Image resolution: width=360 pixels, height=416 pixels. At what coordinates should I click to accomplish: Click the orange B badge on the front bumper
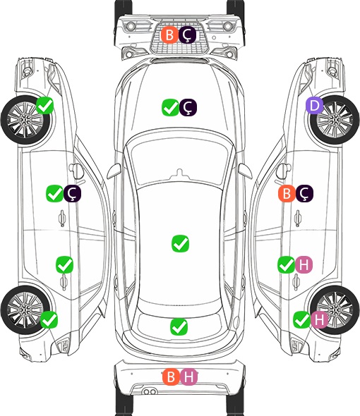(169, 35)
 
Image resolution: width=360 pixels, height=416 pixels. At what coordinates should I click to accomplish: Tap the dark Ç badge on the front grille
(187, 35)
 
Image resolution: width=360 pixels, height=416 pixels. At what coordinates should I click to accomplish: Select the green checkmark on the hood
(171, 107)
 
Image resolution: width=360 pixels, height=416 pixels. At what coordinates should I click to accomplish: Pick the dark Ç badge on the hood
(188, 107)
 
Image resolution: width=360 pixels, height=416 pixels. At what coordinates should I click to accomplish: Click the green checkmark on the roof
(181, 243)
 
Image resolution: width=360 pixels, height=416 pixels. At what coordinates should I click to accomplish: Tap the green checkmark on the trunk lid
(179, 327)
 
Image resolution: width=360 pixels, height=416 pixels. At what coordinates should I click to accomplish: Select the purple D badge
(314, 106)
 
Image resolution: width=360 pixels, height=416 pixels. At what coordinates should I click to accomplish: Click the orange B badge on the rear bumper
(171, 377)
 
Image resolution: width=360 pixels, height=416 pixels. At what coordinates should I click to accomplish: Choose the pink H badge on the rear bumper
(189, 377)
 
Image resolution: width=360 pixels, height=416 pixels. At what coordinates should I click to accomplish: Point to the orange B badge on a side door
(287, 193)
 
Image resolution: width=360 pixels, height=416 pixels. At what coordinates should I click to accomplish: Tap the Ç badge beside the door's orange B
(304, 193)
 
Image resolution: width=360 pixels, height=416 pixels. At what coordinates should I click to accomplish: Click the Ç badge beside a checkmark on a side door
(72, 193)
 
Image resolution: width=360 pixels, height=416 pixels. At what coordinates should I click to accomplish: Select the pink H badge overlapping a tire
(319, 320)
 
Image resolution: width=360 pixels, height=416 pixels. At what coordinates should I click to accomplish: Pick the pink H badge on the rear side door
(304, 264)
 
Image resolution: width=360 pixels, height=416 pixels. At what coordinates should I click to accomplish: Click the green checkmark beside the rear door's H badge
(286, 264)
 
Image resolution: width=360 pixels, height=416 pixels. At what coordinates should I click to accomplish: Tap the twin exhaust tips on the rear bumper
(150, 391)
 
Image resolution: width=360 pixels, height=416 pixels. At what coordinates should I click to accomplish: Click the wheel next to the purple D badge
(335, 120)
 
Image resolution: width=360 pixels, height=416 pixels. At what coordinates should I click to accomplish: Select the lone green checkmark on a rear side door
(64, 264)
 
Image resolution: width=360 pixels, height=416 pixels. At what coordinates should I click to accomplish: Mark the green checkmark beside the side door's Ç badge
(54, 193)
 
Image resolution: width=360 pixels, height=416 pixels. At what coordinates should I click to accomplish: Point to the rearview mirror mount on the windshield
(180, 173)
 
